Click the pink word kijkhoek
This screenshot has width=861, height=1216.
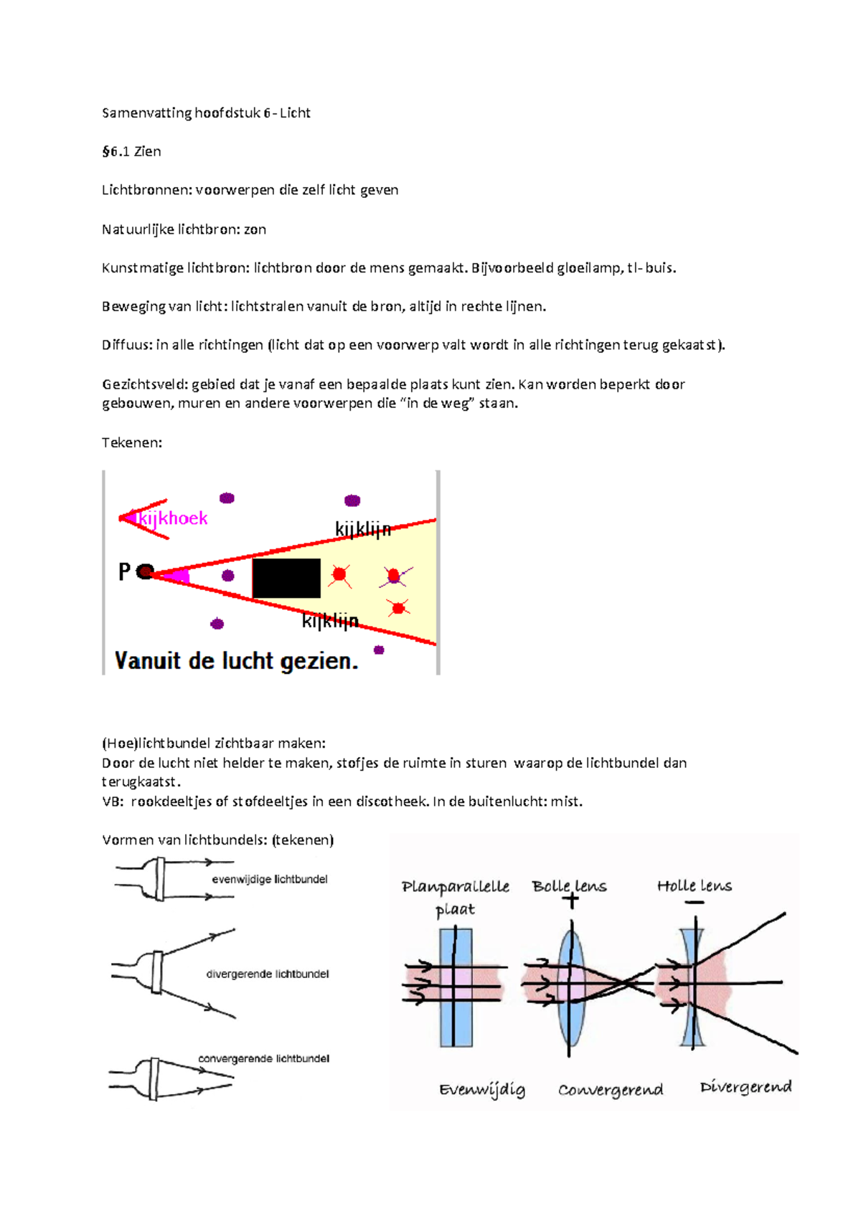(172, 518)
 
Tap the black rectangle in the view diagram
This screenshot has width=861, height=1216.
(286, 578)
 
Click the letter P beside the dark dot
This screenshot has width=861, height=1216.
(124, 571)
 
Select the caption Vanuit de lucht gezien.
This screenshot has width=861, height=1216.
(236, 660)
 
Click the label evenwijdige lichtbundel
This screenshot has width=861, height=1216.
(270, 879)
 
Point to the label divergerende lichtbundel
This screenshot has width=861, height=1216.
(268, 974)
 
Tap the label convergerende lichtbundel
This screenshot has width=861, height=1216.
(263, 1058)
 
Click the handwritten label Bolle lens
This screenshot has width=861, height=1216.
(569, 886)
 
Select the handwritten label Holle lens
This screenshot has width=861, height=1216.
(694, 886)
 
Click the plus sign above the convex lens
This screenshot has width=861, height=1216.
(570, 901)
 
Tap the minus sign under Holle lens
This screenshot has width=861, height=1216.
(694, 902)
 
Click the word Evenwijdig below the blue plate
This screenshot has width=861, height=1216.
(482, 1090)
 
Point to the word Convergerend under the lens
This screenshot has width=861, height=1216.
(611, 1090)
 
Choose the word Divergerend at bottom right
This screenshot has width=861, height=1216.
(745, 1087)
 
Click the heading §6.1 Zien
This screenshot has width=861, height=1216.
(131, 151)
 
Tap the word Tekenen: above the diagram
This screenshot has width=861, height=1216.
(132, 442)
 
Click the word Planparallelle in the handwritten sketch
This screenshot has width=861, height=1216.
(456, 887)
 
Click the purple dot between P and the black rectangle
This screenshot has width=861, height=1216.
(228, 575)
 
